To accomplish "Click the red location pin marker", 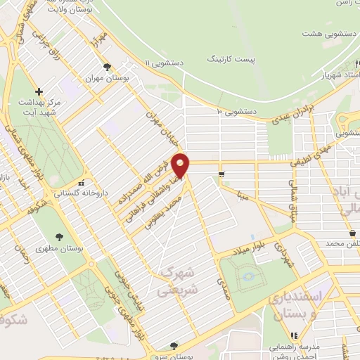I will pos(181,165).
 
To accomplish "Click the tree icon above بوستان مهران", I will pos(106,67).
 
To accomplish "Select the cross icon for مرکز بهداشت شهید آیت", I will pos(39,91).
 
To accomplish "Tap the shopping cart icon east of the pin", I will pos(222,174).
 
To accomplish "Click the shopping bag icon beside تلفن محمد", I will pos(352,233).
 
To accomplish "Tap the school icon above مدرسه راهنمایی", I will pos(295,336).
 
